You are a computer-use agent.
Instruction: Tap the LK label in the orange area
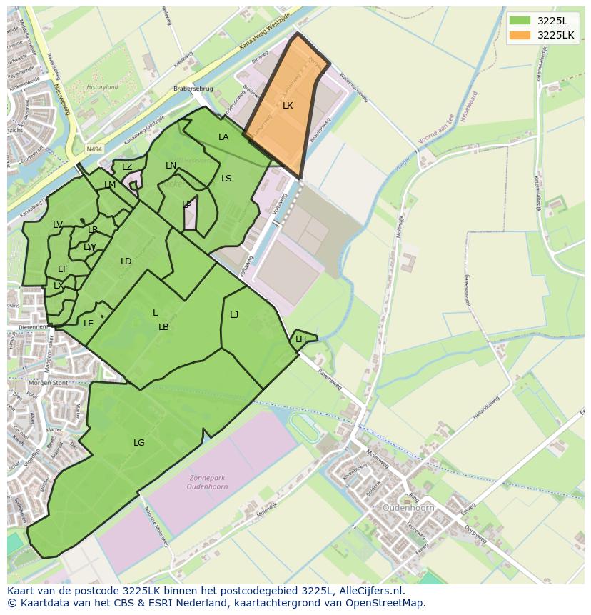point(288,106)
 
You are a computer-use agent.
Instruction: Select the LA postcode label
point(223,137)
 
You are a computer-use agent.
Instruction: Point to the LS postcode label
point(226,179)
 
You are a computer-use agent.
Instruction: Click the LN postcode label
point(171,166)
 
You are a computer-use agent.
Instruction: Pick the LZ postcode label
point(127,167)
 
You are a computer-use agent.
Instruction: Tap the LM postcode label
point(110,185)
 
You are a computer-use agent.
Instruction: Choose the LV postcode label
point(58,225)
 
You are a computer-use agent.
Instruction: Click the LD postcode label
point(126,261)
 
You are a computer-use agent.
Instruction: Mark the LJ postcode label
point(234,315)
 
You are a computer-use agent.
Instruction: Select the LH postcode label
point(300,339)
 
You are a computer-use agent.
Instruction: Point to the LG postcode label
point(138,443)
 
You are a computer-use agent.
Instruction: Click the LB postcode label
point(163,327)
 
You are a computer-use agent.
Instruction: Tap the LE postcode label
point(89,324)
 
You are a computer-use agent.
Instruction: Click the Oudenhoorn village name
point(409,508)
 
